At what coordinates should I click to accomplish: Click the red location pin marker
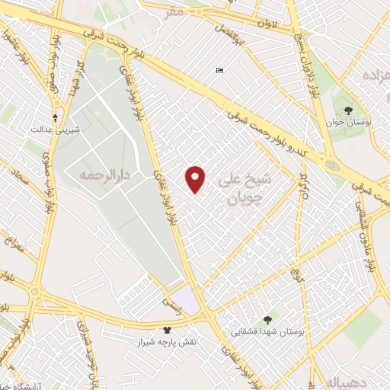pos(197,179)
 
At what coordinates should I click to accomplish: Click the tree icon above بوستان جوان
pos(348,110)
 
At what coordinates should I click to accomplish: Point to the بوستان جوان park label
pos(347,123)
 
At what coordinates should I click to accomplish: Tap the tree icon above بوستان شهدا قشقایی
pos(267,320)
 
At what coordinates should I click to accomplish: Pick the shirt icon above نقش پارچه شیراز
pos(167,330)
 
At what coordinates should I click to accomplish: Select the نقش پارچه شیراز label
pos(167,342)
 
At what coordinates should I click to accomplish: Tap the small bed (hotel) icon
pos(219,72)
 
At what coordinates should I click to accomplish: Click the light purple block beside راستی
pos(187,298)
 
